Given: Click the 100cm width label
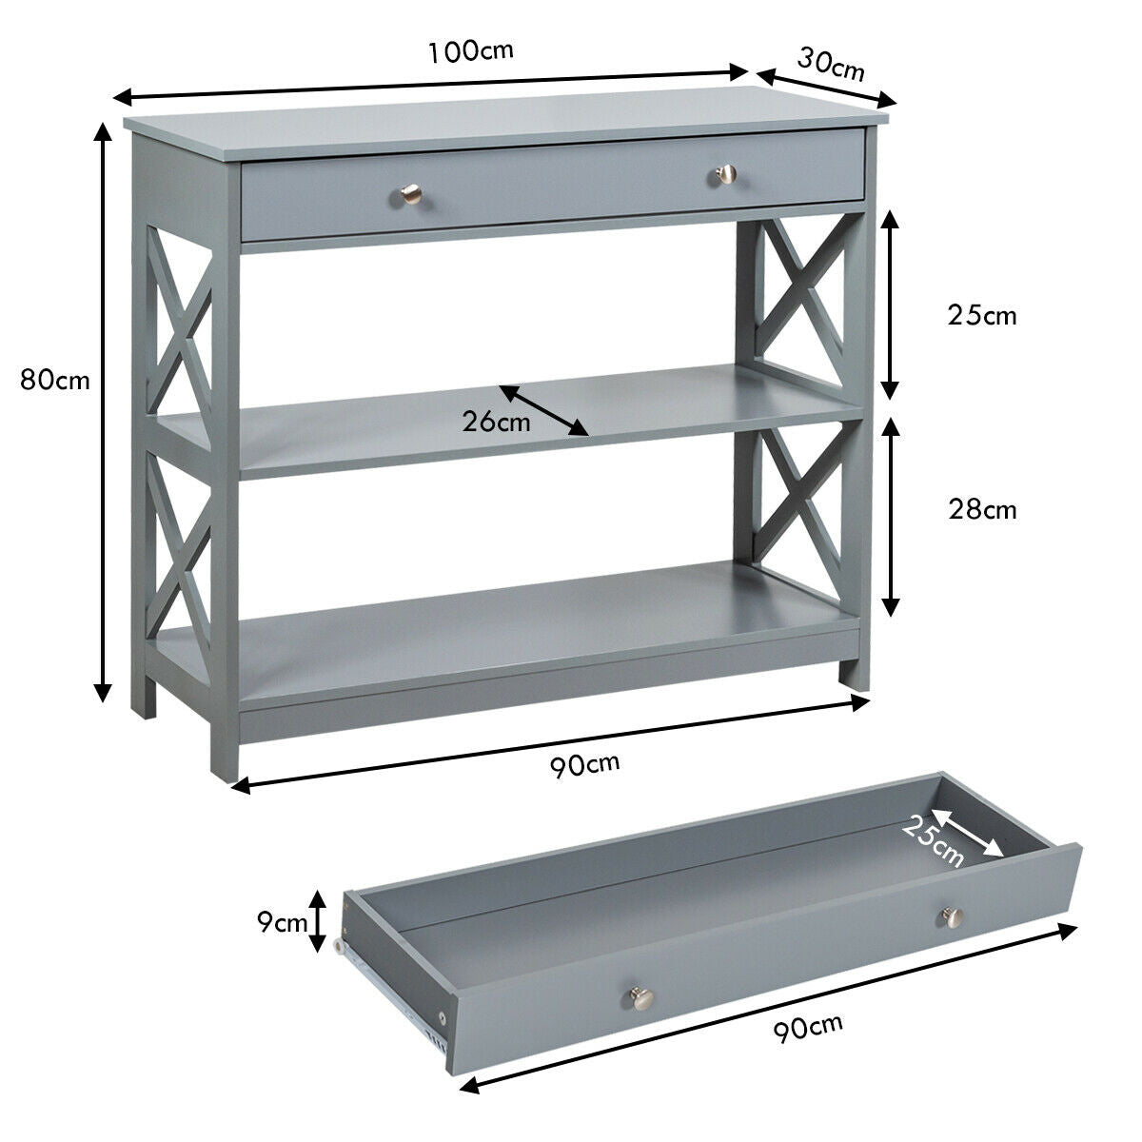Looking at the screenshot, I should [x=470, y=50].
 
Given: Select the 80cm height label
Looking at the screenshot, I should [x=55, y=381].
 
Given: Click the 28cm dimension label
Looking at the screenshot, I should [x=982, y=510].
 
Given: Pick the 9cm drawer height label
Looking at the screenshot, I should [x=282, y=921].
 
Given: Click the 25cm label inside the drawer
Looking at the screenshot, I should [x=933, y=841].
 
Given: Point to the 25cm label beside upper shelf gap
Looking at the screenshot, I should [x=982, y=315].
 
